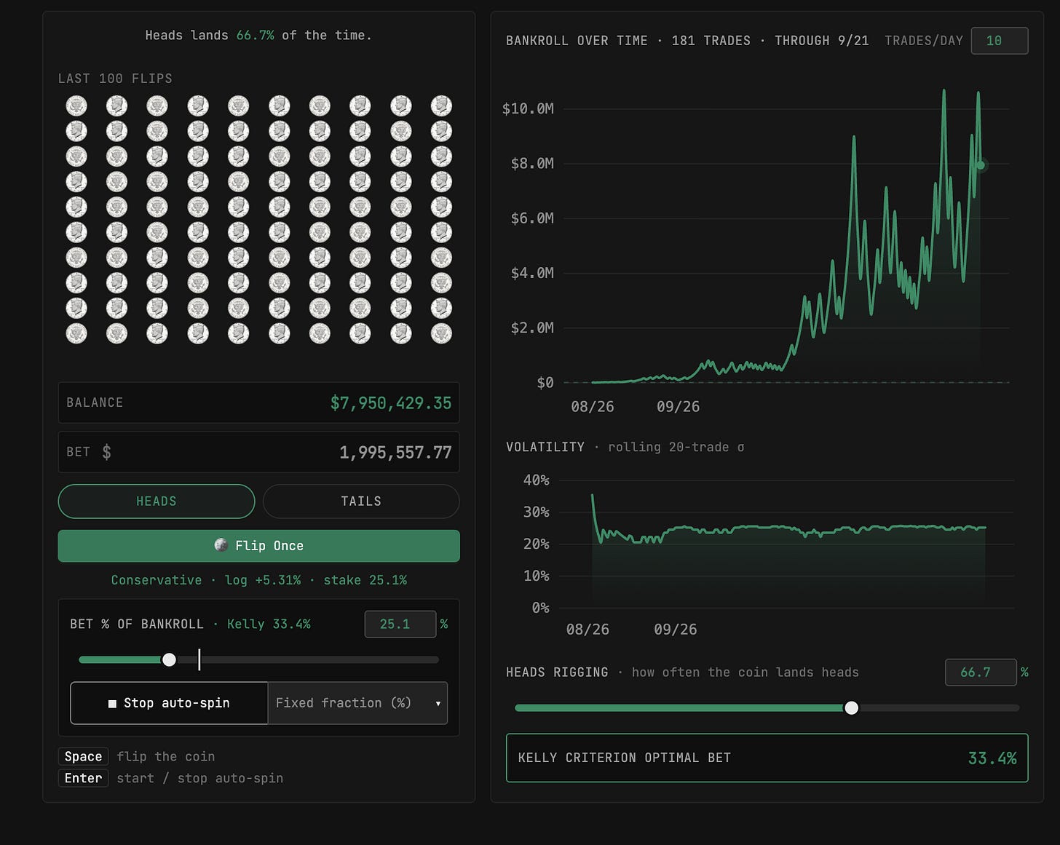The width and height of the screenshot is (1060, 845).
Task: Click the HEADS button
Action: click(156, 501)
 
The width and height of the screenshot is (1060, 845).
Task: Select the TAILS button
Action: click(361, 501)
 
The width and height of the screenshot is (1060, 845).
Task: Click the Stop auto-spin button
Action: click(169, 702)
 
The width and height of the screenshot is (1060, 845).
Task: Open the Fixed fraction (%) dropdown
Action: click(357, 702)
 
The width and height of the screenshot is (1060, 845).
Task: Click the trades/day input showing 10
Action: click(999, 41)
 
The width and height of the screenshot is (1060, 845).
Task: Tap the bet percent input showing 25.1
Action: click(400, 624)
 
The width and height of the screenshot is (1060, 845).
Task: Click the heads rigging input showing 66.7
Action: click(980, 673)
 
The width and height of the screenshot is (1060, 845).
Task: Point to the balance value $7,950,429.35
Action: click(391, 402)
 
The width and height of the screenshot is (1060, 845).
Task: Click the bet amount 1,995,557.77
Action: click(395, 452)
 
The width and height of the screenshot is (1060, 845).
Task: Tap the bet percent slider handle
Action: click(169, 659)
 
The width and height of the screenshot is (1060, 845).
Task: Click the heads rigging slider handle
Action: click(851, 707)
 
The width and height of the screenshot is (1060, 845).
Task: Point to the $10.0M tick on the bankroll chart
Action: click(528, 108)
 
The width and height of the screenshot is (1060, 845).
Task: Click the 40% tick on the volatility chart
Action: click(536, 480)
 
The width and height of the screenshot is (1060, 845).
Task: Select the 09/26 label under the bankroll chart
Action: click(678, 407)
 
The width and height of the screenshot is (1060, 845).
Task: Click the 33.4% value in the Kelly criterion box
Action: click(992, 758)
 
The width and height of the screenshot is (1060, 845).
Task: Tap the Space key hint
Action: click(83, 756)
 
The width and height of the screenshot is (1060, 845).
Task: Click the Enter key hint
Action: click(83, 778)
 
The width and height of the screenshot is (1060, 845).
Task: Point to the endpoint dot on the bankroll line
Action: click(981, 165)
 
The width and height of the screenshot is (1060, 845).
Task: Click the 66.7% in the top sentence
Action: click(255, 36)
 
